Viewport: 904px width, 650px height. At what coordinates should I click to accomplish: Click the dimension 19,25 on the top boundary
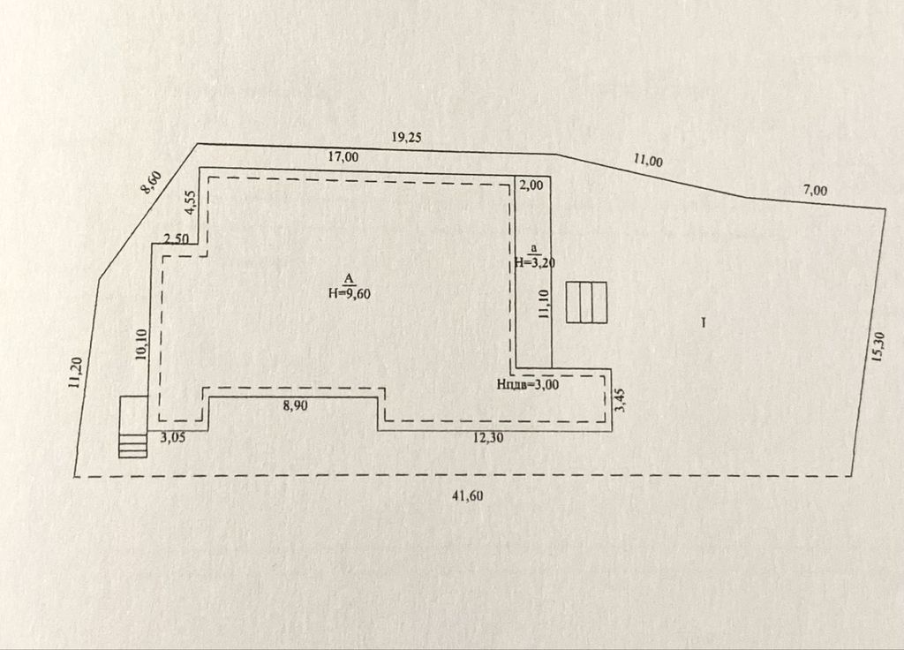pyautogui.click(x=406, y=137)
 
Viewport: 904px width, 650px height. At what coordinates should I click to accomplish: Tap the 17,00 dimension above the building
pyautogui.click(x=343, y=156)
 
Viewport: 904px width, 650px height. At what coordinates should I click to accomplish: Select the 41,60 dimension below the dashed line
pyautogui.click(x=468, y=495)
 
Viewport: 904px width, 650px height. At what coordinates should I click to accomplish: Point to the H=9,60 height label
pyautogui.click(x=349, y=293)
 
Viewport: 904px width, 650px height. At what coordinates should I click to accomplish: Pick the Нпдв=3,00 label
pyautogui.click(x=528, y=384)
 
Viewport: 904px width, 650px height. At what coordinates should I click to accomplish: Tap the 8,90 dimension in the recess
pyautogui.click(x=295, y=405)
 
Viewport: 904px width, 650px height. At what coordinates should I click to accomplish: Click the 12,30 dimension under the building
pyautogui.click(x=487, y=438)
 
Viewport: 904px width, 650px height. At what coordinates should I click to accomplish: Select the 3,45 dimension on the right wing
pyautogui.click(x=621, y=400)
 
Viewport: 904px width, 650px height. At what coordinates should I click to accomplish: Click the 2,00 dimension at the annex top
pyautogui.click(x=531, y=185)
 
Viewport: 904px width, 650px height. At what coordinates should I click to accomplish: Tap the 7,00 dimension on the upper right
pyautogui.click(x=815, y=191)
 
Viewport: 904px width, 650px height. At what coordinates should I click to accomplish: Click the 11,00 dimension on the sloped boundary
pyautogui.click(x=648, y=161)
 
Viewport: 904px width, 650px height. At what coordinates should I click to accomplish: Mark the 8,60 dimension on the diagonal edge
pyautogui.click(x=153, y=183)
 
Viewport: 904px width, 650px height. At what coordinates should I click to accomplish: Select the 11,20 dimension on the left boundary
pyautogui.click(x=75, y=373)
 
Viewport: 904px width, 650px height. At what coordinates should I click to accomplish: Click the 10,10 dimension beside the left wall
pyautogui.click(x=142, y=345)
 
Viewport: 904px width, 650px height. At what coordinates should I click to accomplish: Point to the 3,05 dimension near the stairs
pyautogui.click(x=173, y=438)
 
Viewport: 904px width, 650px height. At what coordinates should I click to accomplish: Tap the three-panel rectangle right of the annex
pyautogui.click(x=586, y=302)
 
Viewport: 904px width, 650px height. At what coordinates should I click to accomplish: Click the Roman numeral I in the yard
pyautogui.click(x=704, y=323)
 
